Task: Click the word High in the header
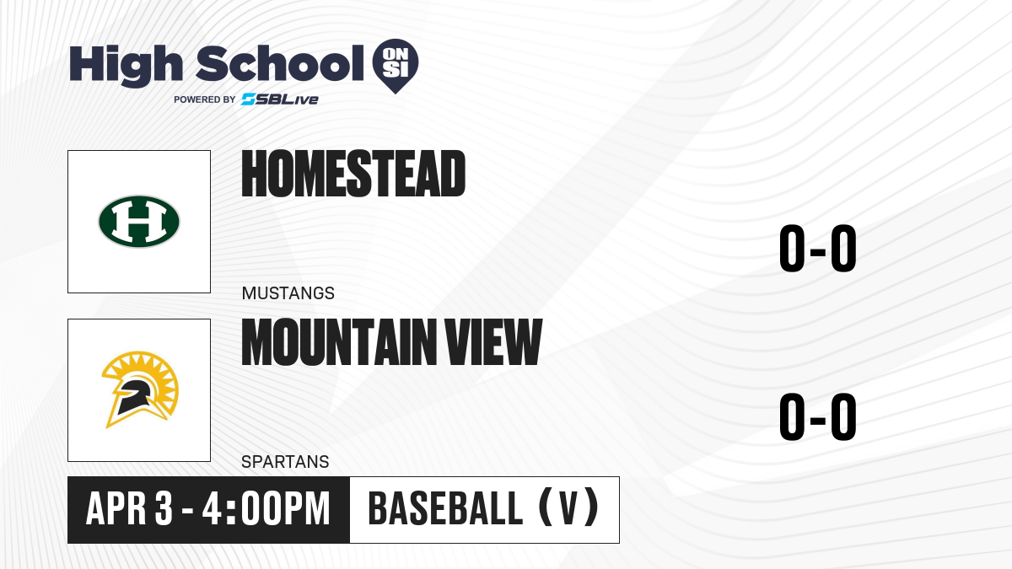point(126,65)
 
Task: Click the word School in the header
point(280,63)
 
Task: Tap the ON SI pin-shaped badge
point(396,66)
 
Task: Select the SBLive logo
point(280,99)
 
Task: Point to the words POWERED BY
point(205,99)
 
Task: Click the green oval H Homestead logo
point(139,221)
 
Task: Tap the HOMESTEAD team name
point(353,174)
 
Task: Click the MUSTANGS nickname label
point(288,293)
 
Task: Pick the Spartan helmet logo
point(140,389)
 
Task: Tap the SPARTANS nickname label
point(285,462)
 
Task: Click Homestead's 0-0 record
point(818,249)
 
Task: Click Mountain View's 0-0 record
point(818,416)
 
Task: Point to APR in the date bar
point(116,508)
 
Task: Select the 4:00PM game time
point(266,508)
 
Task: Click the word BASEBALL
point(445,508)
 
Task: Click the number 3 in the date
point(164,508)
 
